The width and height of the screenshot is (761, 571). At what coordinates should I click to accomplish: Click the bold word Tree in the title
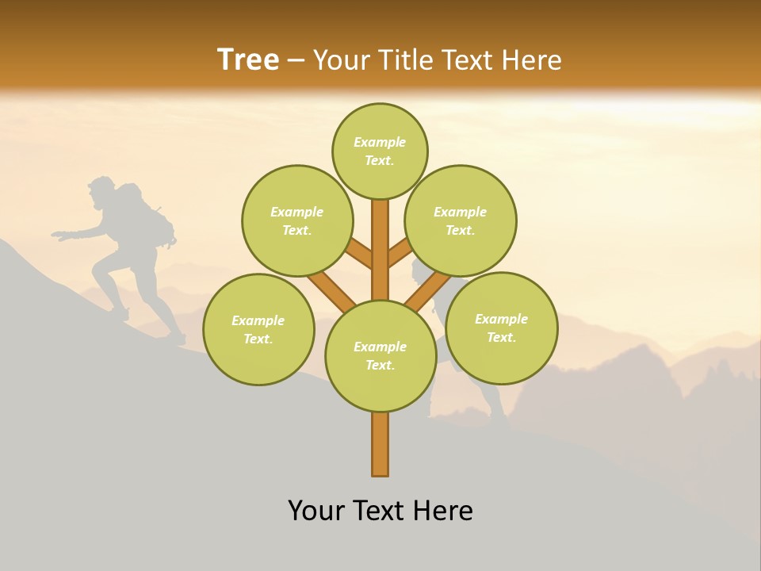click(x=248, y=60)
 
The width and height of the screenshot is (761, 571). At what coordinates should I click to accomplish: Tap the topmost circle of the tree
click(x=380, y=151)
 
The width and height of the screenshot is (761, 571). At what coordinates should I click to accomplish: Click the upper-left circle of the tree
click(x=297, y=220)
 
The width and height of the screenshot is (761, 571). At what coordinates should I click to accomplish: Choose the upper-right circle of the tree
click(x=461, y=220)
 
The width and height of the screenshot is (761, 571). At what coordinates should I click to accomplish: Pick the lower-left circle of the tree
click(x=258, y=329)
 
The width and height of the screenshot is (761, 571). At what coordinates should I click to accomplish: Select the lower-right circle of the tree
click(x=501, y=328)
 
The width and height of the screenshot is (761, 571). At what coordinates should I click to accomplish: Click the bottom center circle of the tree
click(x=380, y=355)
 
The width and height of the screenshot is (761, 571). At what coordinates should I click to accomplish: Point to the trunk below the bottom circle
click(x=380, y=444)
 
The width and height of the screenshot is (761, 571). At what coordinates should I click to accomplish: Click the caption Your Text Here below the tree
click(x=380, y=511)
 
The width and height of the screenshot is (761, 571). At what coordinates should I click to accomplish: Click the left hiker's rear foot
click(x=178, y=339)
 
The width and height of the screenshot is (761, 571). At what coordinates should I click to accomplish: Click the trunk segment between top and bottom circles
click(x=380, y=250)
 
